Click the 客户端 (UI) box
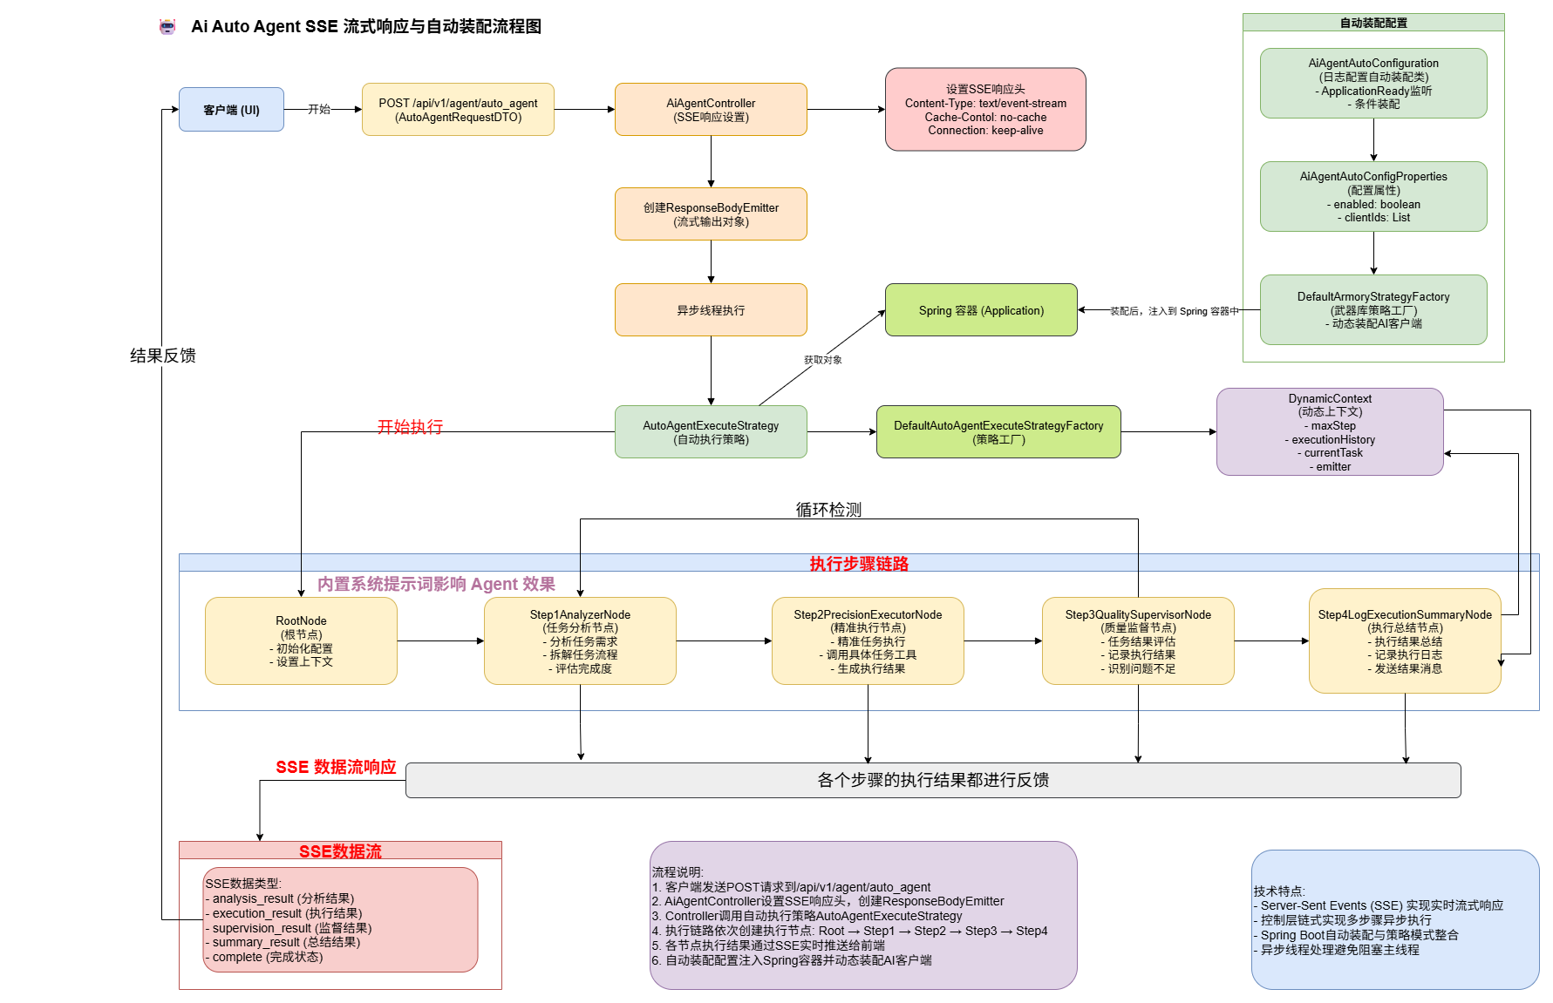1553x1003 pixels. pos(231,110)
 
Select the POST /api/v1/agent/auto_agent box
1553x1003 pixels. pos(458,110)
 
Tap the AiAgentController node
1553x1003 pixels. pos(711,110)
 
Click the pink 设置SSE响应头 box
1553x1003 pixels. pos(985,110)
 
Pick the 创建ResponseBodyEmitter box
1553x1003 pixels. pos(711,214)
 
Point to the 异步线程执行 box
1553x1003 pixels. pos(711,310)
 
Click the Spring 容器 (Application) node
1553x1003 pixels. pos(981,310)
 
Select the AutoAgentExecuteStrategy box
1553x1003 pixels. pos(711,432)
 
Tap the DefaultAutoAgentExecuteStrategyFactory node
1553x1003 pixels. pos(998,432)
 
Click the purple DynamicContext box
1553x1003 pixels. pos(1330,432)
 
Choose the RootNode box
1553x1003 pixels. pos(301,641)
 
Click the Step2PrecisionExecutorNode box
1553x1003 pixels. pos(868,641)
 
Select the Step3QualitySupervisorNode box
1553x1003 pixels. pos(1138,641)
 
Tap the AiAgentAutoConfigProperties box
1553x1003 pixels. pos(1373,197)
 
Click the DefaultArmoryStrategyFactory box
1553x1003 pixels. pos(1373,310)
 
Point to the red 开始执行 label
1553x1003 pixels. pos(410,426)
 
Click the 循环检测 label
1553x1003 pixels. pos(828,510)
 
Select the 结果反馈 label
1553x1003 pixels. pos(163,356)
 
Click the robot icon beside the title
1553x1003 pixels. pos(167,27)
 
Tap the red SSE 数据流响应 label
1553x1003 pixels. pos(336,767)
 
